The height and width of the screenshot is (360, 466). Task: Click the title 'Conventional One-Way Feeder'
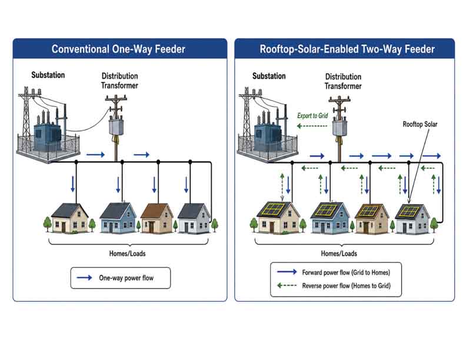point(118,49)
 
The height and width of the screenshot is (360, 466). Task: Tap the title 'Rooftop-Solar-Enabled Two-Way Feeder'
point(347,49)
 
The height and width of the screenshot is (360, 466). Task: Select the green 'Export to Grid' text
point(312,116)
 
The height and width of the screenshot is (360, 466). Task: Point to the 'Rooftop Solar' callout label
point(420,124)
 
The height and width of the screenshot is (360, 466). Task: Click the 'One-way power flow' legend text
point(127,278)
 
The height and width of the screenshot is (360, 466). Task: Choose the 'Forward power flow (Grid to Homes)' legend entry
point(346,272)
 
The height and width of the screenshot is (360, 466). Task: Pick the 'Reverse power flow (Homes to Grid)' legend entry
point(346,286)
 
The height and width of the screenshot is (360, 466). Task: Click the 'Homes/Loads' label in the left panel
point(127,254)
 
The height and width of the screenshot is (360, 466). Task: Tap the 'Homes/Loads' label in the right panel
point(339,254)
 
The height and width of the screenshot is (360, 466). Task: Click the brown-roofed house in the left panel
point(157,218)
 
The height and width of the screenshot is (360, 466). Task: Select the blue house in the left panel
point(118,218)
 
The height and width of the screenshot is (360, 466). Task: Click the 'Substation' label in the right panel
point(269,76)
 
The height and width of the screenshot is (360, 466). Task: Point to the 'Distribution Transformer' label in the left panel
point(119,81)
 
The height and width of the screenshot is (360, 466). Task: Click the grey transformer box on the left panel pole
point(116,127)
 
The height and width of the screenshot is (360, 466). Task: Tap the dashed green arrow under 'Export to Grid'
point(312,126)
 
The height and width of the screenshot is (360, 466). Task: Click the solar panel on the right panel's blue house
point(326,210)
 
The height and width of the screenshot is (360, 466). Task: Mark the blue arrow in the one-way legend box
point(84,278)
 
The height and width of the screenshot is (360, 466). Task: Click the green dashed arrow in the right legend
point(287,285)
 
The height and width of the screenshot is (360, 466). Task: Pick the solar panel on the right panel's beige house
point(274,209)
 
